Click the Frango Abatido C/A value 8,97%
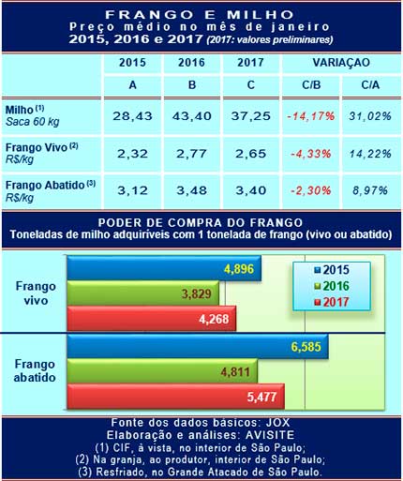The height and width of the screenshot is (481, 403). [x=366, y=191]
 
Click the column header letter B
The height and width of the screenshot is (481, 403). [x=190, y=83]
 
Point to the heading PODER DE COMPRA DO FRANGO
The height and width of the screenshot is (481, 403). [x=201, y=220]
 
